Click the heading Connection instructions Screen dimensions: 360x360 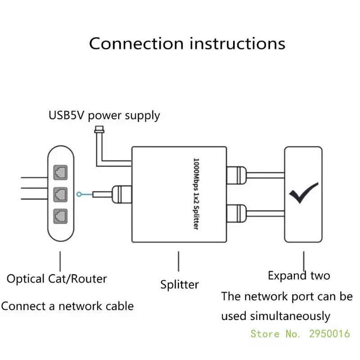tap(187, 44)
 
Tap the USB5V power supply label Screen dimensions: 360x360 tap(104, 115)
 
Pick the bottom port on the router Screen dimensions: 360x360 tap(60, 215)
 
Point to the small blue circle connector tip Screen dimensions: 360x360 tap(80, 194)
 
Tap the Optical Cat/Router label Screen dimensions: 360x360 tap(57, 279)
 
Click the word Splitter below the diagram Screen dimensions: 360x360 tap(180, 284)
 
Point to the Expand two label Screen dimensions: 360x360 tap(299, 275)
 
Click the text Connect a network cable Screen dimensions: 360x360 tap(67, 306)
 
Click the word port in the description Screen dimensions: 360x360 tap(315, 297)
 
